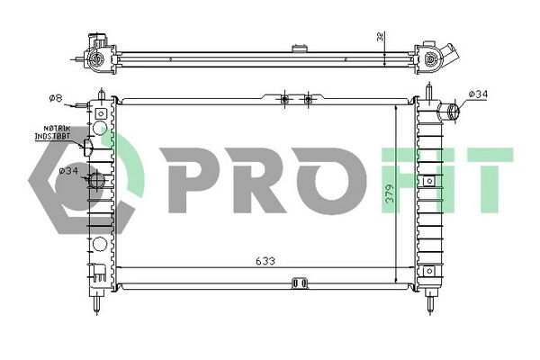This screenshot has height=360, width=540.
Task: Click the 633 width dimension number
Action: (265, 261)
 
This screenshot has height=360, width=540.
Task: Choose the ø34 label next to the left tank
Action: (68, 170)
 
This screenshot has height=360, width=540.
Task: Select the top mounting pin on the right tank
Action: (431, 90)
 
